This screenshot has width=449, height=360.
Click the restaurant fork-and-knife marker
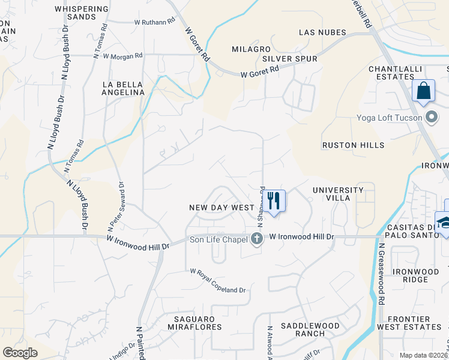[x=275, y=200]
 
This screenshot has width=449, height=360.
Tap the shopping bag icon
[x=424, y=91]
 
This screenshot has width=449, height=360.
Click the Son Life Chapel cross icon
[x=257, y=239]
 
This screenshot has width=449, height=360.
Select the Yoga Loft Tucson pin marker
[x=430, y=117]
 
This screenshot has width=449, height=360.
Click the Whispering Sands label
[x=82, y=13]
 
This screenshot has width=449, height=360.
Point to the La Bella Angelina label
[x=124, y=88]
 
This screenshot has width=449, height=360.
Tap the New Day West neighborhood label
[x=222, y=207]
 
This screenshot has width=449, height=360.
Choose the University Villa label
[x=338, y=194]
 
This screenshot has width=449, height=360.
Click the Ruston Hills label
[x=353, y=145]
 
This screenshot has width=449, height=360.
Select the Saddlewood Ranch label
[x=310, y=329]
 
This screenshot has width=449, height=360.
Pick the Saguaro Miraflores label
[x=190, y=323]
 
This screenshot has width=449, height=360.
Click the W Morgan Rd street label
[x=122, y=56]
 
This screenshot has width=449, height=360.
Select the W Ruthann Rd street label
[x=154, y=21]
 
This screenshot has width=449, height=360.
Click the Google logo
[x=20, y=353]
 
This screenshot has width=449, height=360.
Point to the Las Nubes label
[x=324, y=32]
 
